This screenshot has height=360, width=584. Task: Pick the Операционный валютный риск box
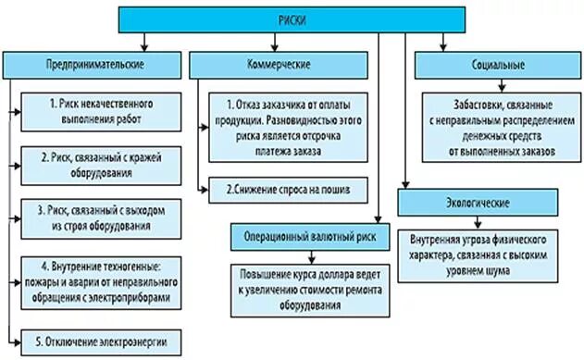[x=311, y=235]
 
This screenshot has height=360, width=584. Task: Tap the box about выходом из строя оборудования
[x=102, y=218]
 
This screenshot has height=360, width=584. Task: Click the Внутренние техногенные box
[x=102, y=277]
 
